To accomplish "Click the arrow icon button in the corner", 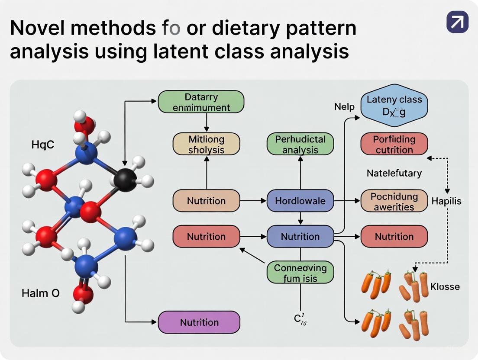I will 457,22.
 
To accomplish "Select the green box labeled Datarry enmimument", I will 201,102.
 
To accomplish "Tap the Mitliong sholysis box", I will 206,145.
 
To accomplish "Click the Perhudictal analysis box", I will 300,145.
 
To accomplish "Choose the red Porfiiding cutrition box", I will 394,145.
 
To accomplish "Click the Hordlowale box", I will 300,201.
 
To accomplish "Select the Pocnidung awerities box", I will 394,201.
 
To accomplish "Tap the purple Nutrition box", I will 199,322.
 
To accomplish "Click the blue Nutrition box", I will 300,237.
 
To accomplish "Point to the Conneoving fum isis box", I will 300,273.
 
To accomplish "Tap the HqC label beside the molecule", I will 43,145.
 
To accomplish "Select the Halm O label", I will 41,293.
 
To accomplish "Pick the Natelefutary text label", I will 394,173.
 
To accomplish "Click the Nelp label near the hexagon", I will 344,106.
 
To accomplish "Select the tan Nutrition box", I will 206,201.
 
